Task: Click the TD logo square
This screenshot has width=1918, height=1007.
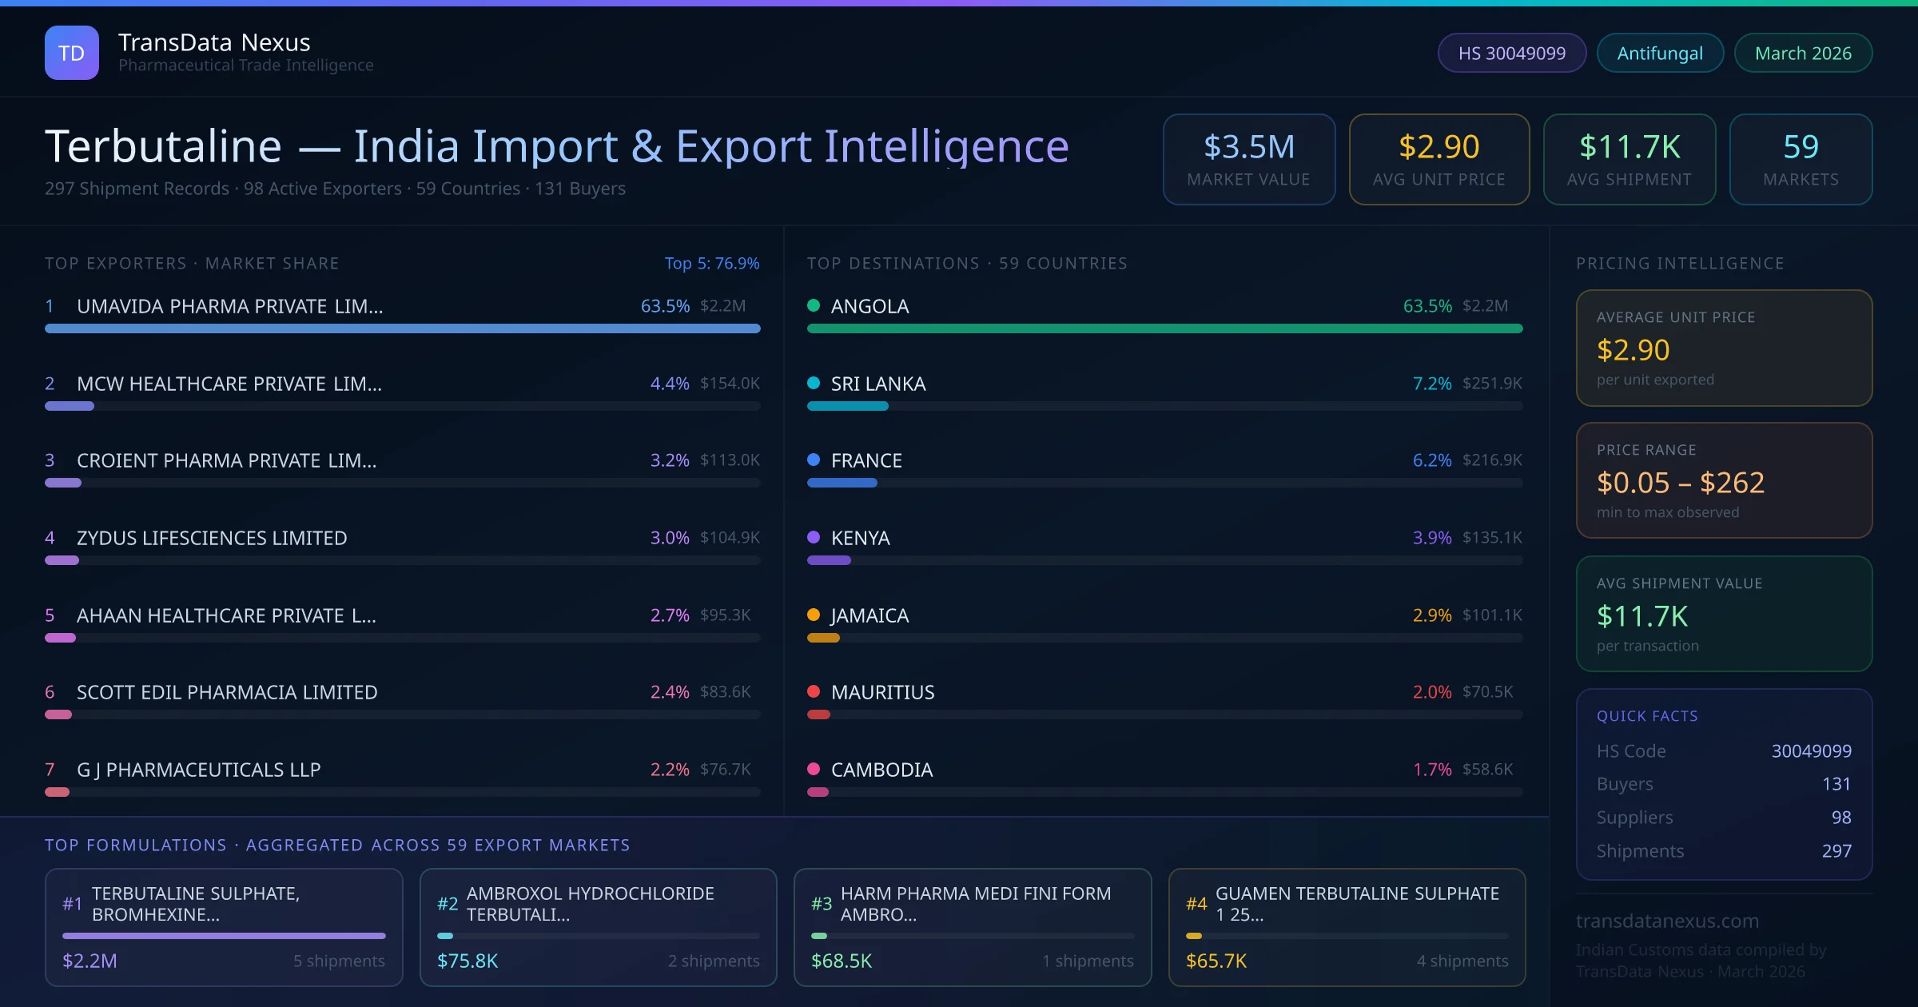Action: (72, 53)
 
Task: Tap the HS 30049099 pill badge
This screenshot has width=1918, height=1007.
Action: (1511, 53)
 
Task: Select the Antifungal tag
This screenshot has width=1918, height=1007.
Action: (1659, 53)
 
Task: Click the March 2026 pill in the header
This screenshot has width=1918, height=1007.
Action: (1802, 53)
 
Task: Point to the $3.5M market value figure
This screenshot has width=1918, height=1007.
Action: (1248, 147)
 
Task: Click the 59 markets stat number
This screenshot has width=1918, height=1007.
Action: (1801, 147)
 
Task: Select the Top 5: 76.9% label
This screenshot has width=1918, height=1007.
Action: (711, 263)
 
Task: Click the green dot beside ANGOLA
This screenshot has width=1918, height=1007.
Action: (814, 305)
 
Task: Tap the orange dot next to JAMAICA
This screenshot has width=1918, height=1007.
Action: (814, 615)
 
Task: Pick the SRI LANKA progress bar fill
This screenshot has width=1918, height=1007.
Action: (847, 406)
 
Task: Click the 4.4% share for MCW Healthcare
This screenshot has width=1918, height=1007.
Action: (669, 384)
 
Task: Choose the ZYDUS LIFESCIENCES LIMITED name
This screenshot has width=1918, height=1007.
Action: (212, 538)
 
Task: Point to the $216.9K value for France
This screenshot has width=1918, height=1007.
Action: (1492, 460)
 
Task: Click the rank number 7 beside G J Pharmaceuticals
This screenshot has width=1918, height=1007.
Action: (50, 770)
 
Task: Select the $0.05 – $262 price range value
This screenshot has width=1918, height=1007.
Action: (1680, 483)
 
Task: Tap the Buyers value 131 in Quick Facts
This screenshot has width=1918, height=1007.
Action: (1836, 784)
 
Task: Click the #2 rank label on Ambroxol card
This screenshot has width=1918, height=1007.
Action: (448, 904)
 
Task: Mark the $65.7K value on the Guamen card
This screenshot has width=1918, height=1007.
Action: (1216, 961)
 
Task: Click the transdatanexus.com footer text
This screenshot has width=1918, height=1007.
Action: (1667, 921)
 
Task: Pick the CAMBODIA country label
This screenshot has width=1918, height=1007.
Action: (881, 770)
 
